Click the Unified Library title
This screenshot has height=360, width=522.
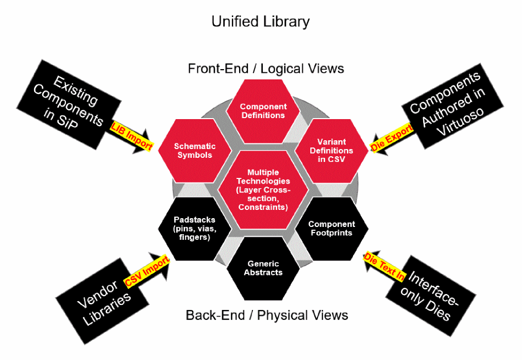(x=261, y=22)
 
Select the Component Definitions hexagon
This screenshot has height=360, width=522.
(x=263, y=111)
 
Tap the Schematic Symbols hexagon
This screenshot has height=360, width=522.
(x=194, y=151)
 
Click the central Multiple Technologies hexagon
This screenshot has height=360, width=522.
(x=263, y=189)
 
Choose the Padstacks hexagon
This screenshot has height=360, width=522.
(x=194, y=228)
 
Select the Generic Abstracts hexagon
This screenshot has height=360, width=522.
(x=263, y=268)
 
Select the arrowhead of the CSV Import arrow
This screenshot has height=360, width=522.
(x=164, y=257)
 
